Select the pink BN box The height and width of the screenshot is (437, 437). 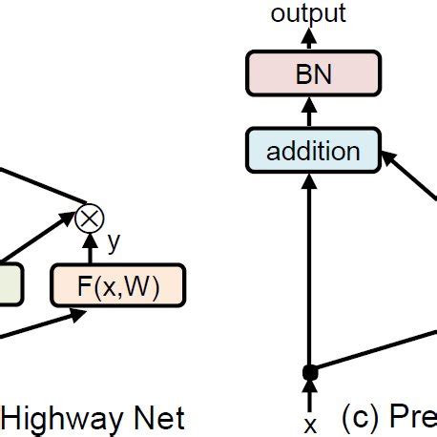314,74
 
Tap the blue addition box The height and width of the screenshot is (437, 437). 314,151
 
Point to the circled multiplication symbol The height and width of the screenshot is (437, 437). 90,218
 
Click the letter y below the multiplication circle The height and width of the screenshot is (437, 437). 114,242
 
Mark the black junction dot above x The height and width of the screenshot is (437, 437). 308,371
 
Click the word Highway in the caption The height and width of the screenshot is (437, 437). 58,417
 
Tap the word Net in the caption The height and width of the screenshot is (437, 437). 156,417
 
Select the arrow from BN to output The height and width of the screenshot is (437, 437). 308,38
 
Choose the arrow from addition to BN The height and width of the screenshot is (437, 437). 308,113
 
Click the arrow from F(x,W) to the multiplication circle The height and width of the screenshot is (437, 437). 91,248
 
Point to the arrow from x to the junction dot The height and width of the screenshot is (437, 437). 308,392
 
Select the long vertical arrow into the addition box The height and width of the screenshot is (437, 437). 308,267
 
